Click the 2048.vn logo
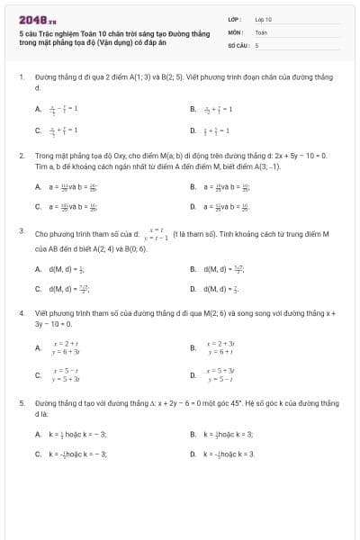(x=31, y=19)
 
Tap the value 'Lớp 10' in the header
(x=263, y=18)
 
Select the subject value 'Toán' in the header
(x=261, y=31)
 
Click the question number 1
(x=21, y=78)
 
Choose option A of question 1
(x=38, y=110)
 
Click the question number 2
(x=21, y=156)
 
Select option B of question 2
(x=193, y=187)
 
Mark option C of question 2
(x=38, y=207)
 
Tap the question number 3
(x=21, y=232)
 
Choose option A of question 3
(x=38, y=269)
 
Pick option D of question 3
(x=193, y=289)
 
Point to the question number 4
(x=21, y=313)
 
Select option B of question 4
(x=193, y=347)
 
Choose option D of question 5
(x=193, y=454)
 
